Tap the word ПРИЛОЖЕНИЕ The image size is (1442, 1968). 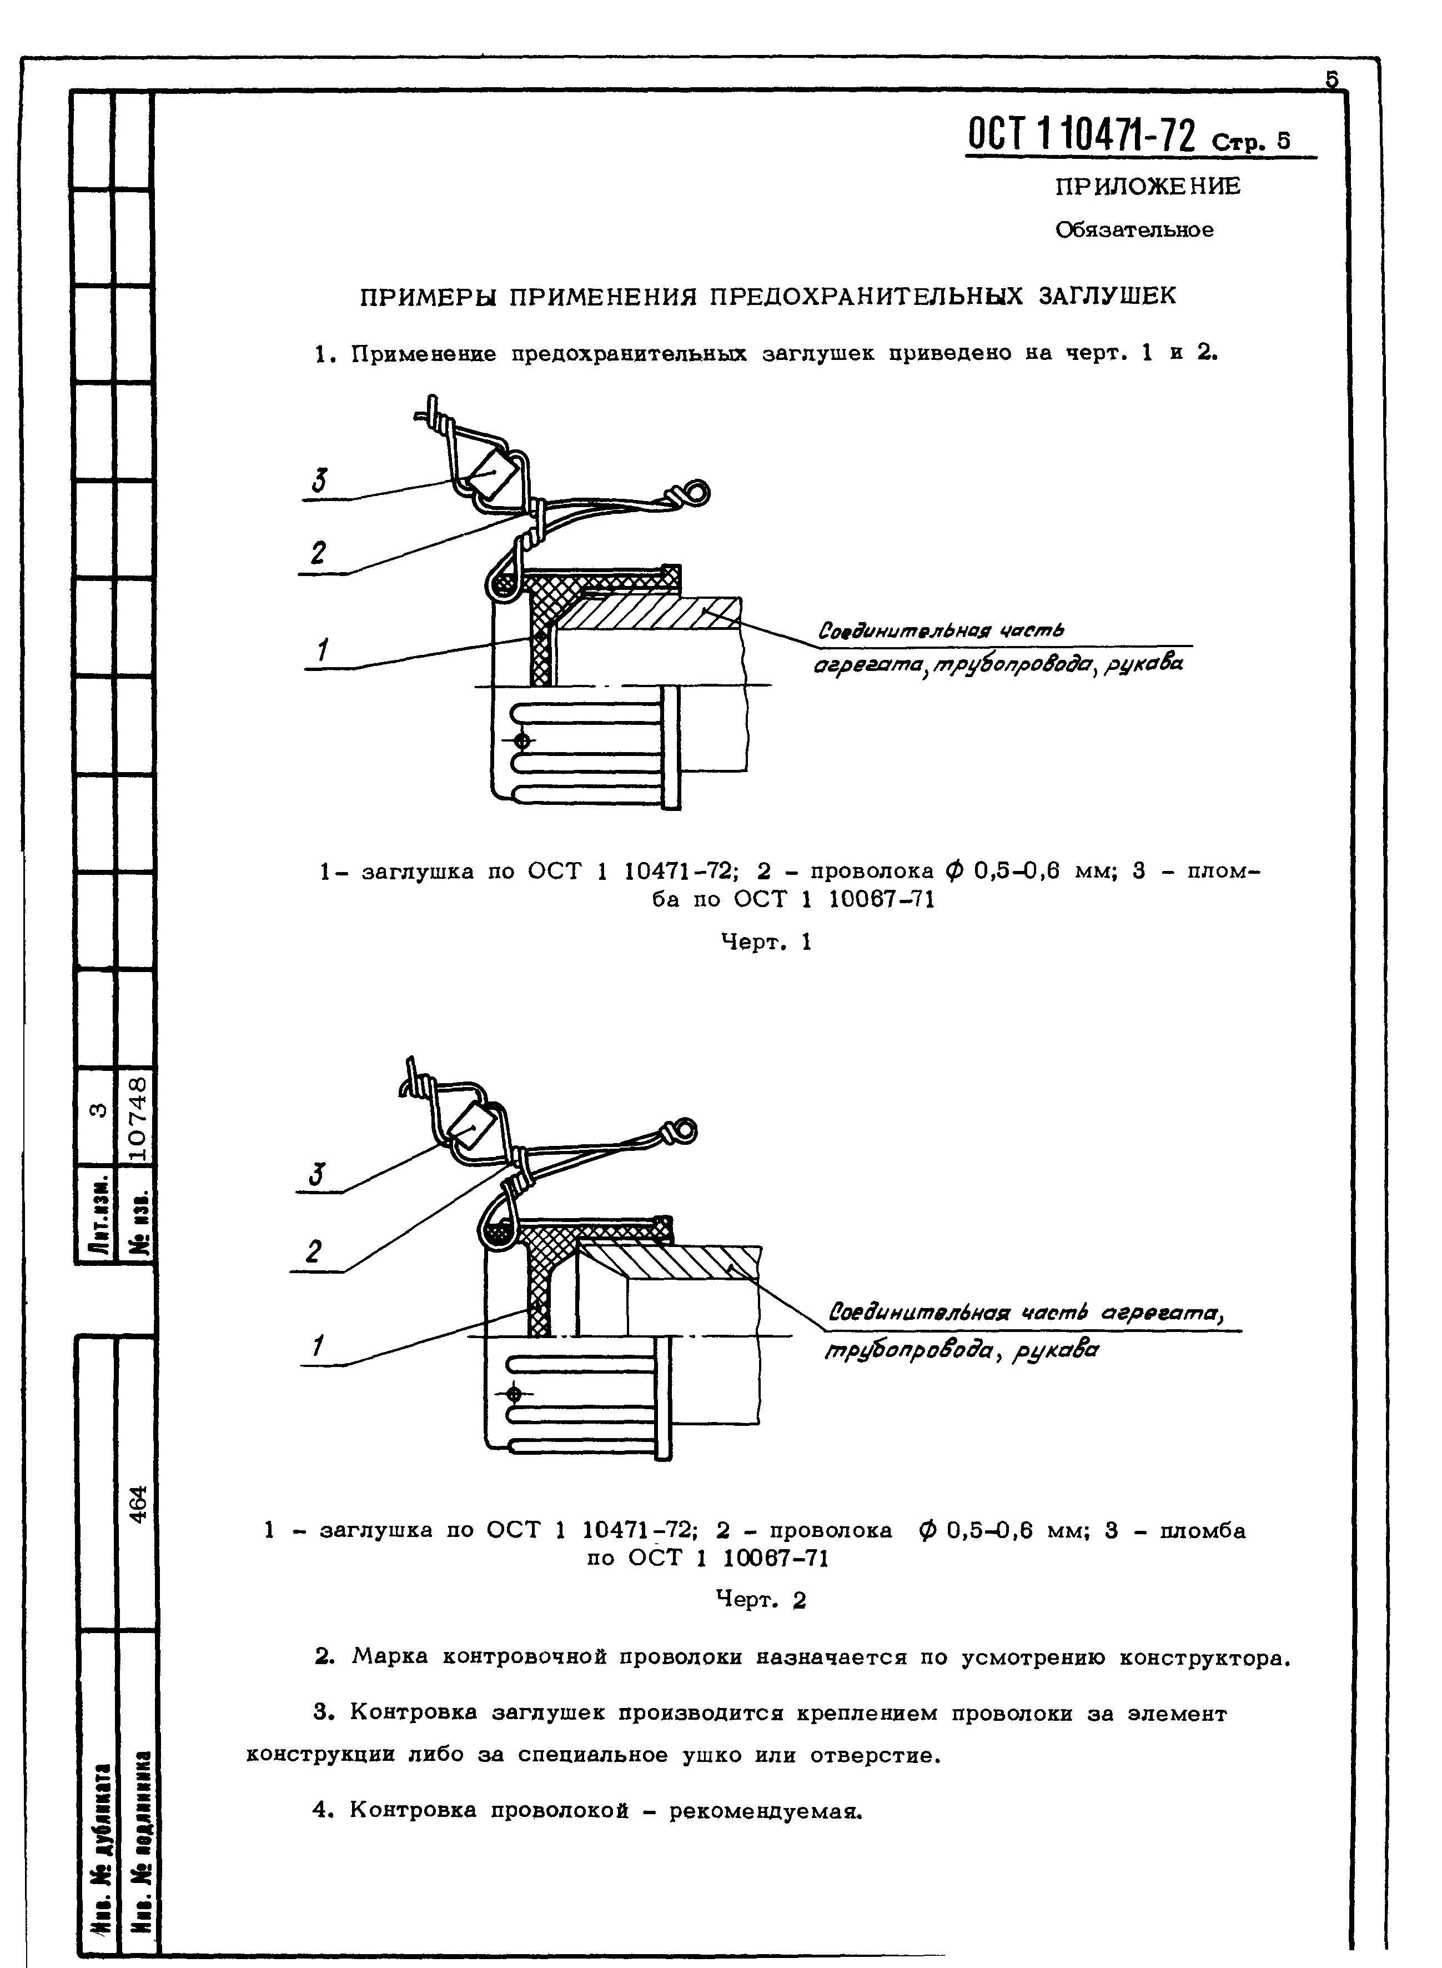(1147, 187)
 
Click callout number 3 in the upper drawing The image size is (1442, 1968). (320, 481)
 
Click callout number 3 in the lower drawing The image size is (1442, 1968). (316, 1176)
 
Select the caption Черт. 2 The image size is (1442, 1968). (761, 1600)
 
